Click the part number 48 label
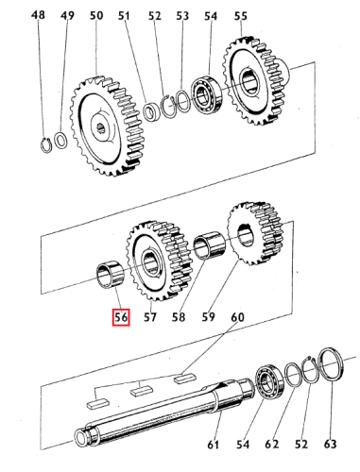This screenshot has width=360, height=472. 38,14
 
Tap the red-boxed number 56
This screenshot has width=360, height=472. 121,317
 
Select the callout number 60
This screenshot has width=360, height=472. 237,317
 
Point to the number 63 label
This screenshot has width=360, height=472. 330,444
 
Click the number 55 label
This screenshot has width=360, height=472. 240,15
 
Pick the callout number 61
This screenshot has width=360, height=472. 214,445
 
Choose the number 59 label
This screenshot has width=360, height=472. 208,316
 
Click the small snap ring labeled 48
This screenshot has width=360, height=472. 46,145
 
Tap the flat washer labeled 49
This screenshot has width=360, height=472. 60,140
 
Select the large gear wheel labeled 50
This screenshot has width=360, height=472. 107,126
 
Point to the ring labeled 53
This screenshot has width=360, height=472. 183,101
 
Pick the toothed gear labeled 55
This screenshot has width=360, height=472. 254,80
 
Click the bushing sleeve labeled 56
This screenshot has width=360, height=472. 111,274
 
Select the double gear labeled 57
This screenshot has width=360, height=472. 159,261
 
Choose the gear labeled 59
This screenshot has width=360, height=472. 254,233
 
